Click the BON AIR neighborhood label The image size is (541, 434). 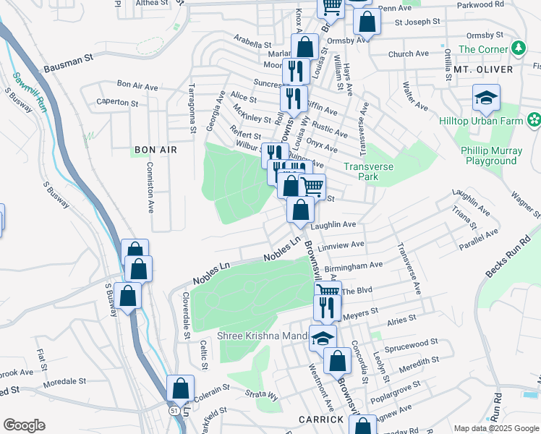(x=156, y=150)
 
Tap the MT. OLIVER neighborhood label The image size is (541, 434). (x=483, y=69)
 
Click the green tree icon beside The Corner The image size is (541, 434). (x=517, y=48)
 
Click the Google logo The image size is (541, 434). (x=24, y=425)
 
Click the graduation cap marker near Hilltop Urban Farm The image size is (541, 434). (x=486, y=98)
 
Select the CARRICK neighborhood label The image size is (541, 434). (x=320, y=420)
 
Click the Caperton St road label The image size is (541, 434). (x=117, y=103)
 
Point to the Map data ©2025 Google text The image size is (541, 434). (x=495, y=427)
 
